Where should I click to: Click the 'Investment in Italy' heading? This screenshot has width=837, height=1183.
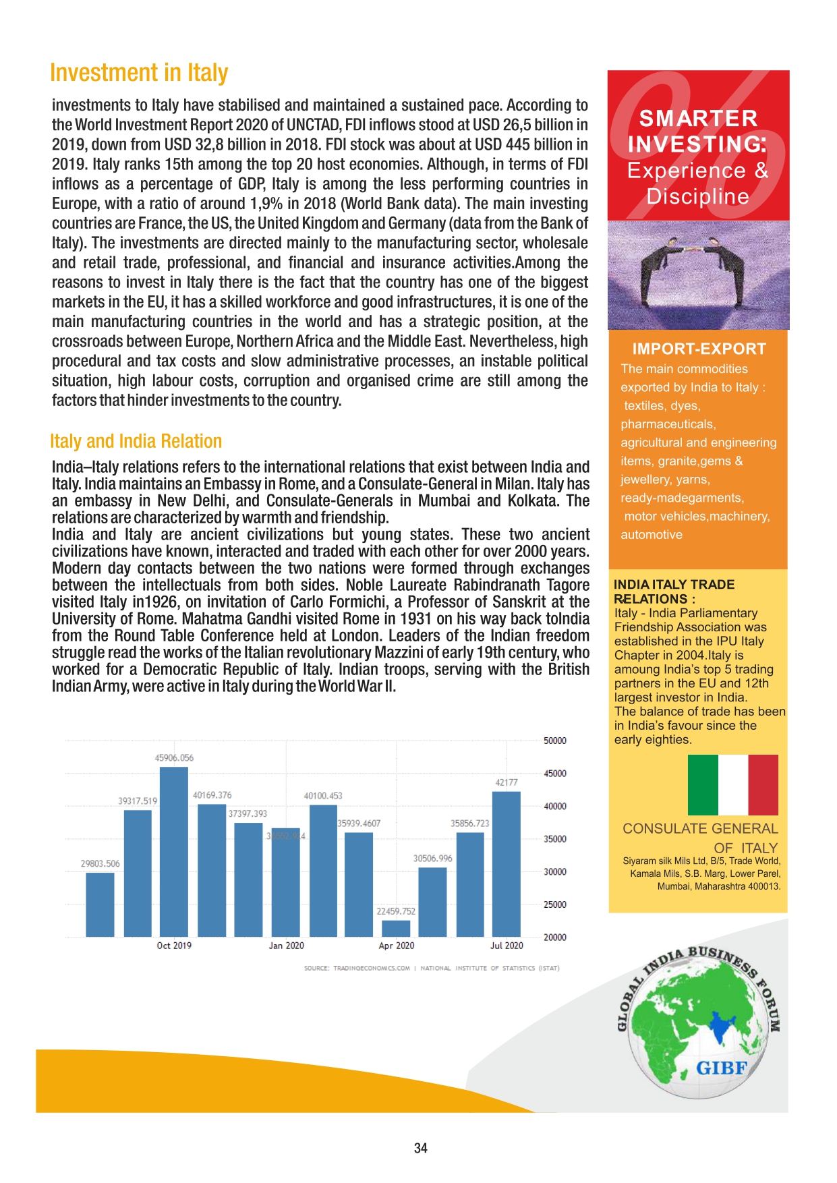139,73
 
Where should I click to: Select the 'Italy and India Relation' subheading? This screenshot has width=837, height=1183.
136,441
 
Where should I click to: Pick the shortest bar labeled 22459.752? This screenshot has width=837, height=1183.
396,929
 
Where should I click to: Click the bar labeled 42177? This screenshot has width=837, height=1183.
507,863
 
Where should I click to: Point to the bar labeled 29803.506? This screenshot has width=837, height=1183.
100,904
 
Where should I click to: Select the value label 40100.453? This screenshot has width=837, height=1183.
323,796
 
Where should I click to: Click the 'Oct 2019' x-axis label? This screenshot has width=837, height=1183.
174,946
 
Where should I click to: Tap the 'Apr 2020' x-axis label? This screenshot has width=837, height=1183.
397,946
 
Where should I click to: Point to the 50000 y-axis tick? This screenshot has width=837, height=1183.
555,741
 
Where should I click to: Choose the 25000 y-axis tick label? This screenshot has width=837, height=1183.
555,904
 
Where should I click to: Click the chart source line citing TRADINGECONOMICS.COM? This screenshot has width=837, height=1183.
432,969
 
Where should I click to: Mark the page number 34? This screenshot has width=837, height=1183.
421,1148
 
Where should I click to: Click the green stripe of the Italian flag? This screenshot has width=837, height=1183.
703,784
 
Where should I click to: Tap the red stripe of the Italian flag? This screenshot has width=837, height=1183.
763,784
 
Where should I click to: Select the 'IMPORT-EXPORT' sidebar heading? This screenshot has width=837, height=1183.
699,349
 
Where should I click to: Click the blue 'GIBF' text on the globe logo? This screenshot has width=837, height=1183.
722,1068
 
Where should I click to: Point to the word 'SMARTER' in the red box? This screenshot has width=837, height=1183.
699,119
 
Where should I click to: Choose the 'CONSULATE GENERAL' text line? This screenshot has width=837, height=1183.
700,829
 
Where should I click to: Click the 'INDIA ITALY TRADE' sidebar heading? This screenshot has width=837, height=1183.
674,585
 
